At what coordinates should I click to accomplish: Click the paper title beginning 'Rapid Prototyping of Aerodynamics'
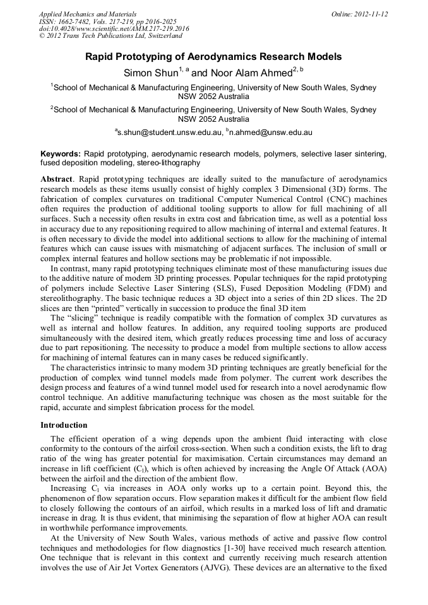[213, 57]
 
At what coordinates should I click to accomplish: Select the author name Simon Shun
[151, 73]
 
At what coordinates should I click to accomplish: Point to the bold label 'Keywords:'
[61, 153]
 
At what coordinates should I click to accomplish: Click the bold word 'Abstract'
[56, 179]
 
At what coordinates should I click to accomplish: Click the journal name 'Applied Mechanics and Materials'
[87, 13]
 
